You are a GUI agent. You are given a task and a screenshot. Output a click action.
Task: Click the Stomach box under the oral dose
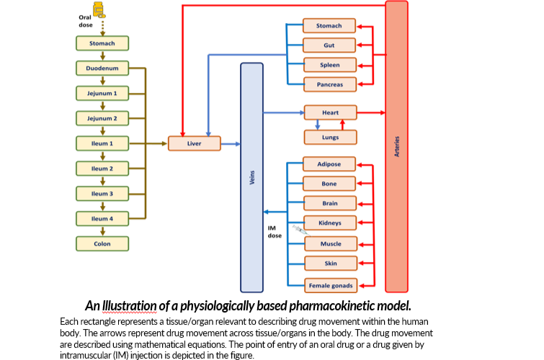coord(102,43)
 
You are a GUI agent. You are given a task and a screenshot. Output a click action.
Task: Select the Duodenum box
coord(102,69)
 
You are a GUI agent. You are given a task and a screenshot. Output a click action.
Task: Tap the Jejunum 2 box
coord(102,117)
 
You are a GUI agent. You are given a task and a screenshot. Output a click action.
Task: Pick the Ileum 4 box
coord(102,218)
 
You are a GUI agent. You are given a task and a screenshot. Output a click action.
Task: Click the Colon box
coord(102,243)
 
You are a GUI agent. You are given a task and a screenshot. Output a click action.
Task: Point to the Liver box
coord(194,143)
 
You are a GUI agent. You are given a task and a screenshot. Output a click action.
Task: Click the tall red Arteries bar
coord(396,144)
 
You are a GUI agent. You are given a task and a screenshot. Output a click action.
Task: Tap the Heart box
coord(330,112)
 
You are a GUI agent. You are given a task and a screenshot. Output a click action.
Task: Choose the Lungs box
coord(330,137)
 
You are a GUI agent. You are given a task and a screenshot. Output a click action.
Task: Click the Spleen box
coord(330,65)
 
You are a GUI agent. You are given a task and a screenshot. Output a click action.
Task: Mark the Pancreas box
coord(330,84)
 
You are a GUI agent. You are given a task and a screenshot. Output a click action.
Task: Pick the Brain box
coord(329,203)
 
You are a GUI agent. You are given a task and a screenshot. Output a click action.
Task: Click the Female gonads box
coord(329,286)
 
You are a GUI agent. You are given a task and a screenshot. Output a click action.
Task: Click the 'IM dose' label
coord(275,232)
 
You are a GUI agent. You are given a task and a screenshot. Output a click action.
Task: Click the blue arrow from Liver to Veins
coord(231,144)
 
